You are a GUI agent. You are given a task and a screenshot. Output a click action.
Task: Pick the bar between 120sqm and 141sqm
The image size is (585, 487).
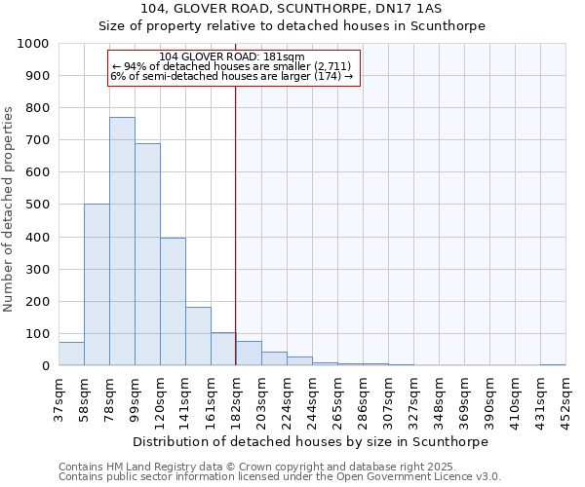(x=173, y=302)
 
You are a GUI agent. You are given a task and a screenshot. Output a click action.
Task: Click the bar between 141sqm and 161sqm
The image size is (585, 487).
(x=198, y=336)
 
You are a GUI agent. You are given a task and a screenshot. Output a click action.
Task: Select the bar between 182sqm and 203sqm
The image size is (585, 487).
(x=249, y=354)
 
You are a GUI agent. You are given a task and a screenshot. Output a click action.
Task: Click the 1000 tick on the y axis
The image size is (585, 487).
(x=33, y=44)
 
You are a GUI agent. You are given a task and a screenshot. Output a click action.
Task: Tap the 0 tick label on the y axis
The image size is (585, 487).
(x=45, y=366)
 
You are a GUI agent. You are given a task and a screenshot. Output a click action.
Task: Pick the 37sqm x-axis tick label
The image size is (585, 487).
(x=58, y=394)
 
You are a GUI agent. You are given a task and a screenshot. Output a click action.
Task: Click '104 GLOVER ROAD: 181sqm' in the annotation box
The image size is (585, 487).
(x=232, y=56)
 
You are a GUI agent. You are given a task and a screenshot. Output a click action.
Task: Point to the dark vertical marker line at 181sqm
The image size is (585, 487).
(x=235, y=243)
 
